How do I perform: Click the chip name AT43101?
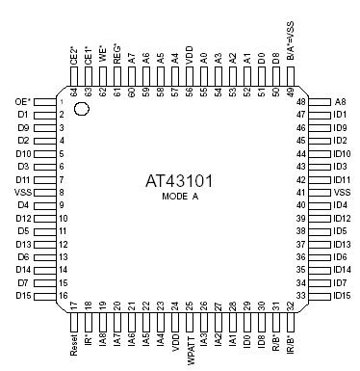179,181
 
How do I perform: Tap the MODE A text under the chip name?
180,196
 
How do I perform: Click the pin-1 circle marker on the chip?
81,109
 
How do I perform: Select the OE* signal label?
23,102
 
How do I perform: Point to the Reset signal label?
74,345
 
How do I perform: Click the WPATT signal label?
191,351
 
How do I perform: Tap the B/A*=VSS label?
291,40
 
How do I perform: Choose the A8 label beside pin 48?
340,102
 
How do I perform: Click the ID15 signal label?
342,296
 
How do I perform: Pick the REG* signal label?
117,54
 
